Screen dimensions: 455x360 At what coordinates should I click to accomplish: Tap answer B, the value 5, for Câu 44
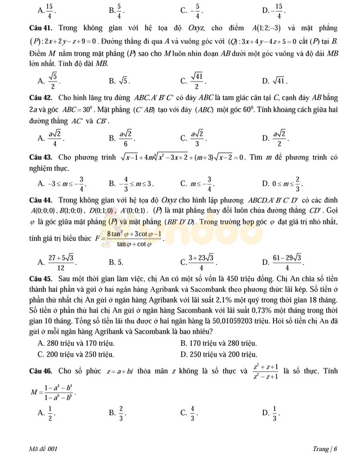(x=119, y=262)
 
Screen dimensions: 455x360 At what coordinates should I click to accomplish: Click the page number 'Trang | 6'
(x=325, y=448)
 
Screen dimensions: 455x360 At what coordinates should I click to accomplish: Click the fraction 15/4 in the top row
(x=51, y=10)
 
